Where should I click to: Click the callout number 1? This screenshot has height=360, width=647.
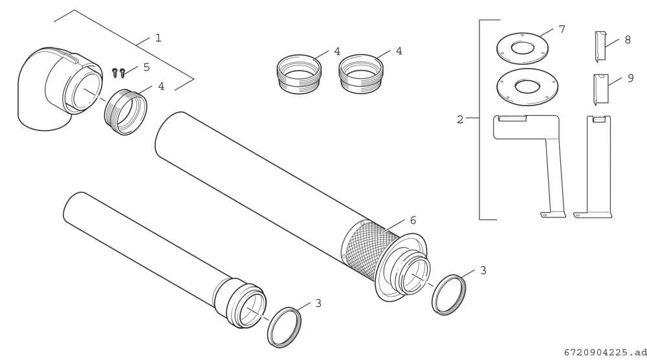[x=158, y=38]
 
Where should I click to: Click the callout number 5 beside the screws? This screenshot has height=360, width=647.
[x=146, y=67]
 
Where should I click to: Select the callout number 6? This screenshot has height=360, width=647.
[x=413, y=220]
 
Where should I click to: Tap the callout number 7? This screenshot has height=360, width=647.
[x=562, y=29]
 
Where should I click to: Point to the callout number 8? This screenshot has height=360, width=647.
[x=628, y=39]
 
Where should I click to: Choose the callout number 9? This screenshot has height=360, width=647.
[x=630, y=78]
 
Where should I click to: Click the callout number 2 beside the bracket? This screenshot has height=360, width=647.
[x=460, y=120]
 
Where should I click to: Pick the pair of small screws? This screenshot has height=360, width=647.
[x=119, y=73]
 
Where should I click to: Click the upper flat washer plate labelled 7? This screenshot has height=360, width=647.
[x=522, y=49]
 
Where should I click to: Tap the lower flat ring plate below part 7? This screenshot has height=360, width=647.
[x=527, y=87]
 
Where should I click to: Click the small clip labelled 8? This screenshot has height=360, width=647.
[x=600, y=46]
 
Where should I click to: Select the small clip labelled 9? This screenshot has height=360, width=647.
[x=601, y=89]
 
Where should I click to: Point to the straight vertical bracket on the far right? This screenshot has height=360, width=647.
[x=598, y=165]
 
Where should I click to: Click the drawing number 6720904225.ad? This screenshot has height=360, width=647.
[x=605, y=352]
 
